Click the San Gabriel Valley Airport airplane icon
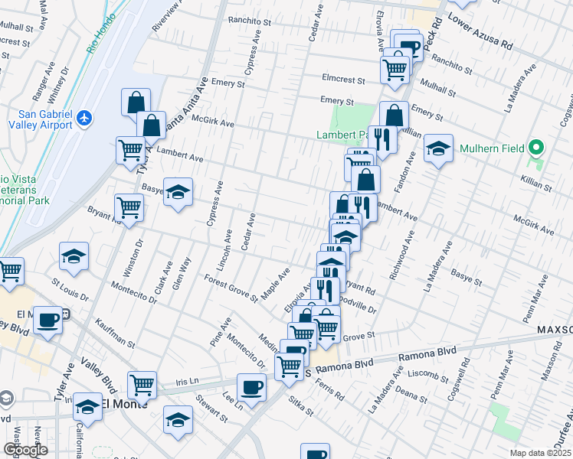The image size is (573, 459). pos(83,119)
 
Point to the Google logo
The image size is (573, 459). pos(25,450)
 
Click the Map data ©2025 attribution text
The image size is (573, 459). pos(541,453)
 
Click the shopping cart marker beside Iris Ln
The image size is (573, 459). pos(142,386)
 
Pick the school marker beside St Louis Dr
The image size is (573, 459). pos(74,256)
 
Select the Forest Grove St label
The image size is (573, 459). pos(231,287)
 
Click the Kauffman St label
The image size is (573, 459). pos(116,334)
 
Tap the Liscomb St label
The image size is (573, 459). pos(430,376)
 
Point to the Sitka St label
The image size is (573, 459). pos(301,406)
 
